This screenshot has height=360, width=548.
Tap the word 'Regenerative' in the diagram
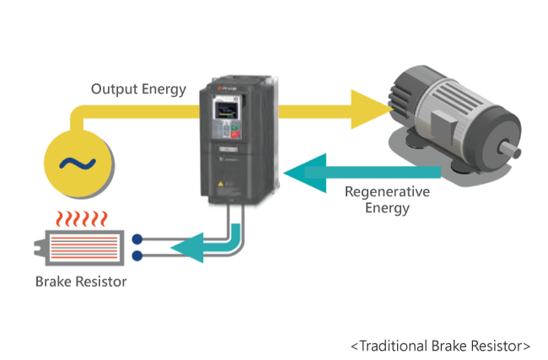coord(387,191)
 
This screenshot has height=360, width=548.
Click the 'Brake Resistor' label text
coord(81,281)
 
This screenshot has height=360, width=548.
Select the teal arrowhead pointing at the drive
coord(295,173)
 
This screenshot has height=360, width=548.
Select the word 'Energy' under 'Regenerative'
coord(387,208)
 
